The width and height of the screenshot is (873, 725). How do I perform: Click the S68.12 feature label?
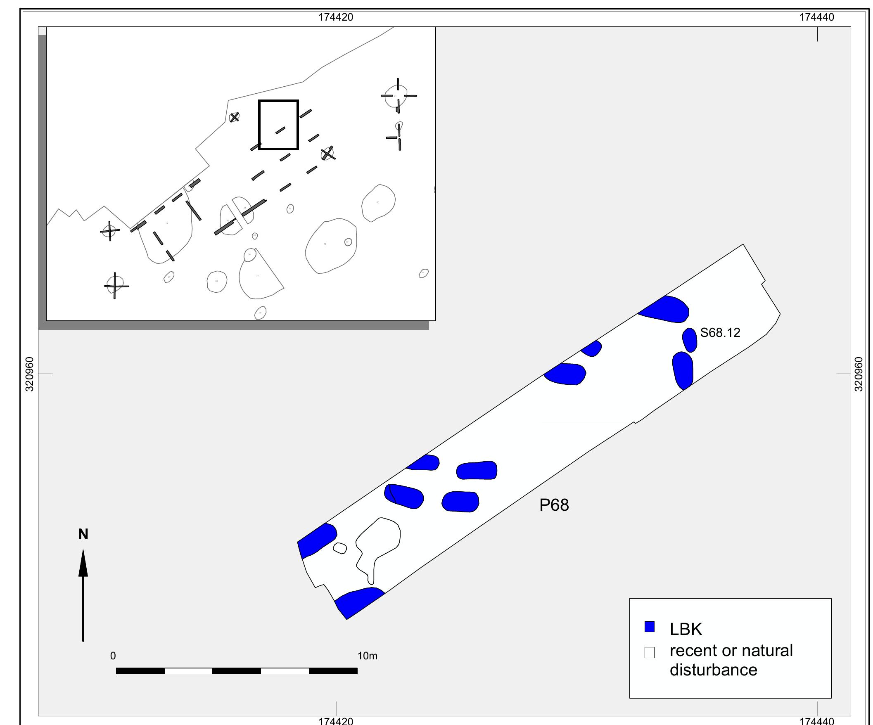click(720, 333)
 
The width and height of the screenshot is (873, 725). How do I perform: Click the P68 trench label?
click(554, 505)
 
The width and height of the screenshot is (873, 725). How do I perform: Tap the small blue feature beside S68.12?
click(690, 340)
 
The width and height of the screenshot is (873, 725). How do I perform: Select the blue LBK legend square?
click(649, 627)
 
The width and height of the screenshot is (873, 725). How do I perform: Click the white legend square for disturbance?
click(649, 653)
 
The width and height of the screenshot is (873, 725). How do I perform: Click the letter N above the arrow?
click(83, 535)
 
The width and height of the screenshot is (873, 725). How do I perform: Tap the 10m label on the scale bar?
click(367, 656)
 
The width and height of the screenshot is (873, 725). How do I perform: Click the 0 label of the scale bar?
click(113, 656)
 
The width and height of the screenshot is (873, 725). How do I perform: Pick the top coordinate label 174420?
click(335, 17)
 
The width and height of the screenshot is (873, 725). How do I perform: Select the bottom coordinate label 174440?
click(816, 721)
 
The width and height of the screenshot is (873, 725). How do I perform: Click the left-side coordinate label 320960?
click(29, 374)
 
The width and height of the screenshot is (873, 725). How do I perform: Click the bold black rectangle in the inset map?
click(278, 101)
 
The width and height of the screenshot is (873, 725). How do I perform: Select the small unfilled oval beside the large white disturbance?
click(339, 548)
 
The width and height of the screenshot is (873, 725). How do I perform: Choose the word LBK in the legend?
click(686, 629)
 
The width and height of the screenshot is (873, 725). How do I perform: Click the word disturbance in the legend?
click(713, 670)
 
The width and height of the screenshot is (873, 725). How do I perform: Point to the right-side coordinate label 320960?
click(859, 374)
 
